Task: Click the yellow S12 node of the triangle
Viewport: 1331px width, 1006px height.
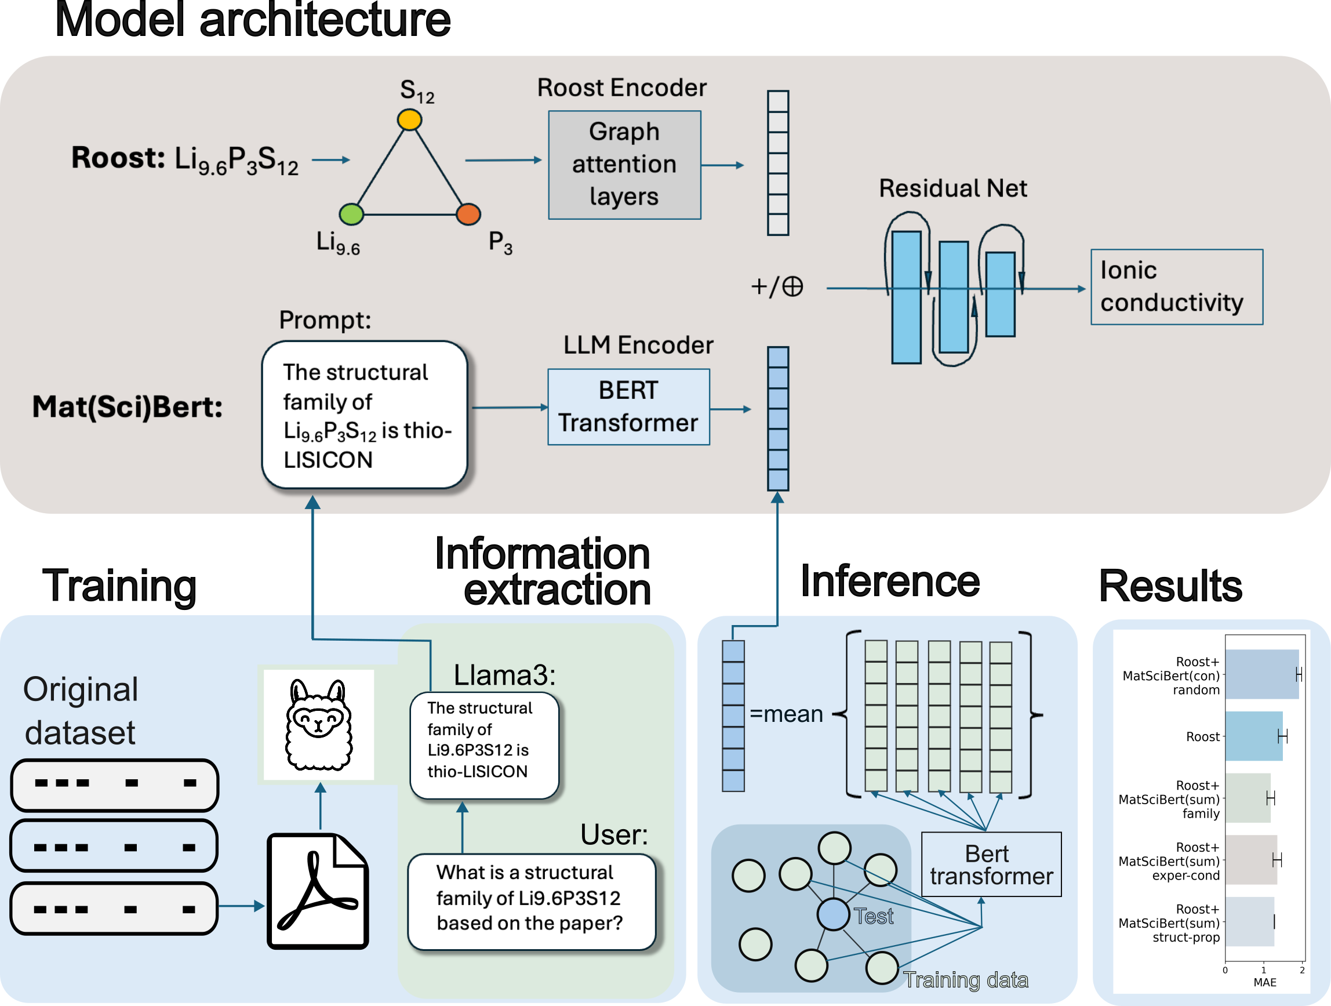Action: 409,119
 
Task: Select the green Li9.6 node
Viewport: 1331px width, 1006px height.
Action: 351,213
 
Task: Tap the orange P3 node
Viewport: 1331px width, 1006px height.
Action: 468,213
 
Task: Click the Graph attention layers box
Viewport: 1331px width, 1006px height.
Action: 624,165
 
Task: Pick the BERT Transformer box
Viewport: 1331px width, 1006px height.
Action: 629,406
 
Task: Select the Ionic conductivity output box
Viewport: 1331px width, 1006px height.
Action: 1177,287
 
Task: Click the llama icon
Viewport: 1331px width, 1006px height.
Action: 318,724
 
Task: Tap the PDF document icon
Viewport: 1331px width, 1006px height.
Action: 318,891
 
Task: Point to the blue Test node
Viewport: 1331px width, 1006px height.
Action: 834,914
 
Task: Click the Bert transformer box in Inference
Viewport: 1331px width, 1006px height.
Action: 992,865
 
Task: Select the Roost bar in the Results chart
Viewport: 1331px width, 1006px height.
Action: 1254,736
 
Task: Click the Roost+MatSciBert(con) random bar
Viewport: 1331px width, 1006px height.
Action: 1263,674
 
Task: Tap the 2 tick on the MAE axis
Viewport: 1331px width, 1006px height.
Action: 1302,971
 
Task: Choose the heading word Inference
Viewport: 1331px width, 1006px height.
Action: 890,581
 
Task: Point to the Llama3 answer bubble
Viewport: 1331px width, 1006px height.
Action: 485,746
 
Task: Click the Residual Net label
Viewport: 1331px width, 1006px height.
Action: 953,188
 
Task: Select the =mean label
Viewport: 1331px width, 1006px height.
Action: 787,714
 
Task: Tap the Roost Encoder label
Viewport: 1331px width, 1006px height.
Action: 621,88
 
